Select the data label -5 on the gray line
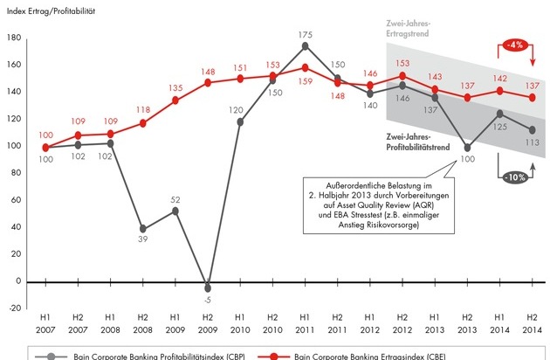[x=206, y=301]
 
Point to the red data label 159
[x=304, y=81]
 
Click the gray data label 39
[x=141, y=243]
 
